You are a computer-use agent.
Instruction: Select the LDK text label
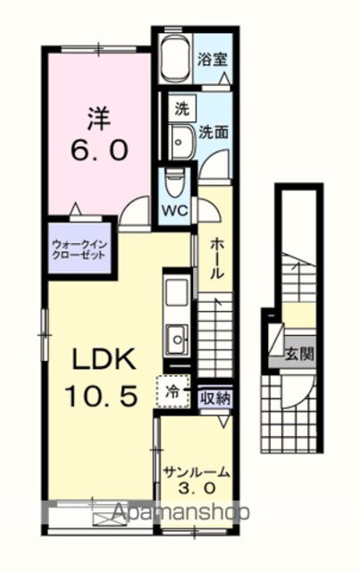pos(103,360)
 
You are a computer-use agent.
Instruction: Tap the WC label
pos(173,212)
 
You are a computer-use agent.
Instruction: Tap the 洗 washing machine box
pos(181,111)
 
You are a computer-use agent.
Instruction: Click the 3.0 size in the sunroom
pos(198,489)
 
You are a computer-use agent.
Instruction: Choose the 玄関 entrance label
pos(300,353)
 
